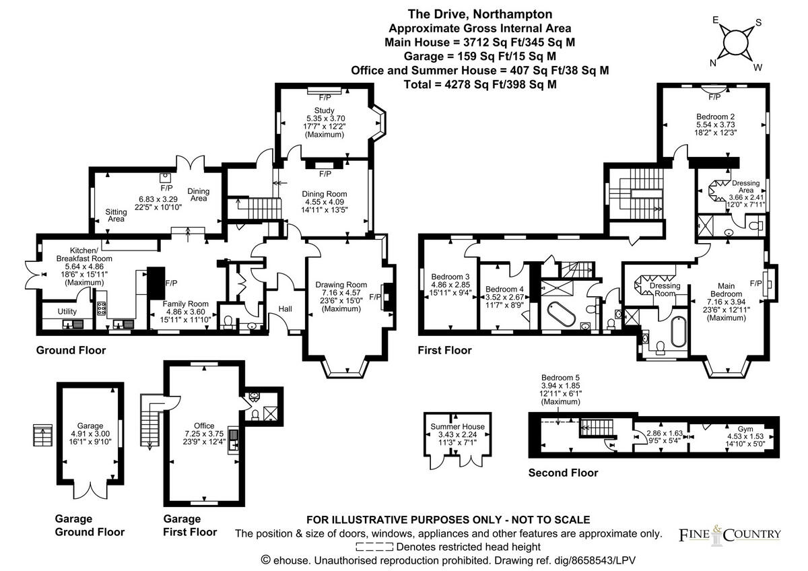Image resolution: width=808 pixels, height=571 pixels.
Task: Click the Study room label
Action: click(324, 110)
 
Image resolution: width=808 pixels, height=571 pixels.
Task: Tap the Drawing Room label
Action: click(341, 285)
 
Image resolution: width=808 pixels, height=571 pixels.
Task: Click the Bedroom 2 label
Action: click(714, 116)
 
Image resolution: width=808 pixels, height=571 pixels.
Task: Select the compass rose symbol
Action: click(735, 44)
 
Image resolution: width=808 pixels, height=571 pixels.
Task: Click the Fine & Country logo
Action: click(729, 534)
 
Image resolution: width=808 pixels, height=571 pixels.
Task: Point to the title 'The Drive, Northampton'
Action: click(480, 14)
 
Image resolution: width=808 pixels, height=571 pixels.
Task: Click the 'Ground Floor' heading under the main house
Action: click(71, 350)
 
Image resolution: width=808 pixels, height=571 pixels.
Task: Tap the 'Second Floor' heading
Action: click(562, 473)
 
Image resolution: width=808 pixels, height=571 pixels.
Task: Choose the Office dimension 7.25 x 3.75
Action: click(204, 434)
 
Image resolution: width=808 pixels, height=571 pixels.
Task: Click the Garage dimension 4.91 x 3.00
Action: click(90, 434)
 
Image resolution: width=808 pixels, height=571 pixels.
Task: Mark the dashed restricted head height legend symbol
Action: click(374, 547)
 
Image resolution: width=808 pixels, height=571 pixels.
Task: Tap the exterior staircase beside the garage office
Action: click(149, 417)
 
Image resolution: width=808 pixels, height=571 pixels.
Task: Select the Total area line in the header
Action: click(480, 84)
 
